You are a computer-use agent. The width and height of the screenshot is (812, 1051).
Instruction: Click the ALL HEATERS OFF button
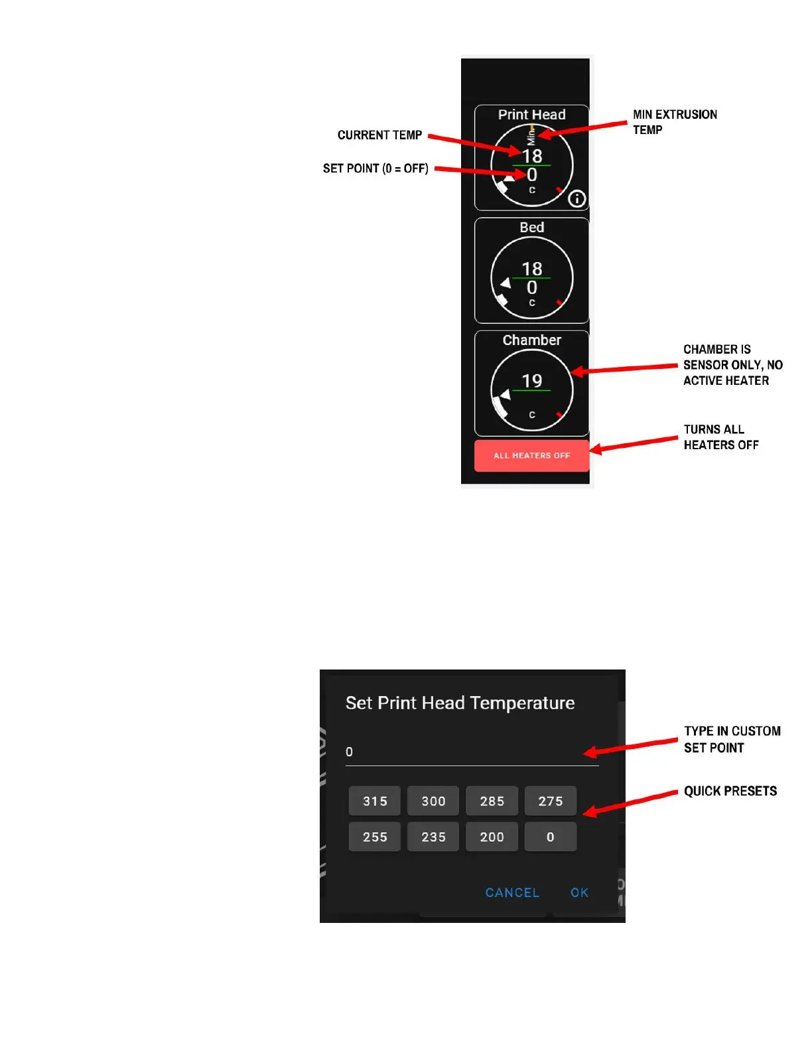click(531, 456)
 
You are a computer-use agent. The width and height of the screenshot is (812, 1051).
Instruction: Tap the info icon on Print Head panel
click(577, 198)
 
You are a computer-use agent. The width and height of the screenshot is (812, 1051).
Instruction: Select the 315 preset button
click(375, 801)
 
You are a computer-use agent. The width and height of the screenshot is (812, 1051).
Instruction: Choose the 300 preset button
click(433, 801)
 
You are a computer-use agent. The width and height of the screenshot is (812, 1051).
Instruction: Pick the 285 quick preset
click(492, 801)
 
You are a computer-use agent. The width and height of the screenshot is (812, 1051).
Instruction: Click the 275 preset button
click(550, 801)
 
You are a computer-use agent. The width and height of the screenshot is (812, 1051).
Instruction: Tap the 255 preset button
click(375, 837)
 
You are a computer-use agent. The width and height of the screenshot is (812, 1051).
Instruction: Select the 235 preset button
click(433, 837)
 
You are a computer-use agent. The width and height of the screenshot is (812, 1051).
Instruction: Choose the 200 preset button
click(492, 837)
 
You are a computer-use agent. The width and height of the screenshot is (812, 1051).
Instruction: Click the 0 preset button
click(550, 837)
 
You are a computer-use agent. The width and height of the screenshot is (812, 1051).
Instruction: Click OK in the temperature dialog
click(579, 892)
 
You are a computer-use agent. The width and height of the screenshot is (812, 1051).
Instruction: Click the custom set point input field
click(471, 752)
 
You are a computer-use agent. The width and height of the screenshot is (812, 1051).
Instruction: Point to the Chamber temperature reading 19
click(531, 381)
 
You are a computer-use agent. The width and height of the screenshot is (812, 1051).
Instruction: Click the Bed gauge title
click(531, 228)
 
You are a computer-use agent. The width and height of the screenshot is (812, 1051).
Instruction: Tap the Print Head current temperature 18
click(531, 156)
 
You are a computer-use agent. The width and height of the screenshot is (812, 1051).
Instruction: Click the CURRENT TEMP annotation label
click(379, 135)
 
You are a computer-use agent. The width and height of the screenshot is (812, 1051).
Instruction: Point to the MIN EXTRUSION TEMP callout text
click(674, 122)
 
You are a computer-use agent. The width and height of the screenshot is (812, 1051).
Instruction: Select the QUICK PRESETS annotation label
click(730, 791)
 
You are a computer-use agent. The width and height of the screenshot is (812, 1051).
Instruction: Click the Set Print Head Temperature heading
click(460, 703)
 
